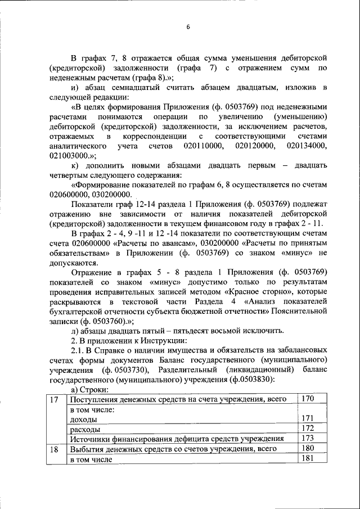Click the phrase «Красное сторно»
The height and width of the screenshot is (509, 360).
pos(259,292)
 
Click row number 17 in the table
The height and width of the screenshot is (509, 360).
pos(54,399)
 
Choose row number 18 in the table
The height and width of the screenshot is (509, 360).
pos(54,449)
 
